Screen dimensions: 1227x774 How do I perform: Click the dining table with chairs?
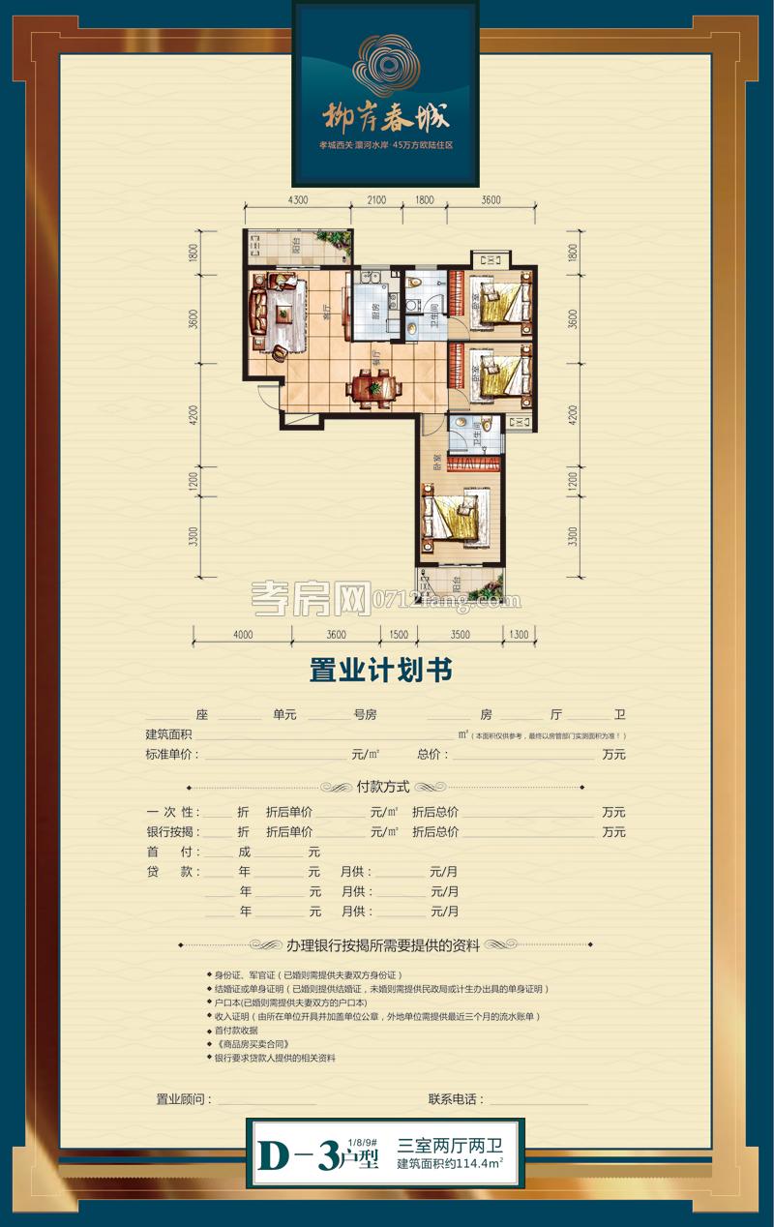point(373,387)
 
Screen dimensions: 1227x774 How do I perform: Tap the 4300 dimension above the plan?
point(297,200)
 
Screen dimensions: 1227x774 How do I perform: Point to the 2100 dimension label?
point(375,200)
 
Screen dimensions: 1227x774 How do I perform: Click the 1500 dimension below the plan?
point(398,635)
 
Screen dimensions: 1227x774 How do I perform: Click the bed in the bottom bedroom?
point(451,514)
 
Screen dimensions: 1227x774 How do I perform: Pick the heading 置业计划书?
point(380,671)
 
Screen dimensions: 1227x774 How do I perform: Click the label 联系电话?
point(456,1099)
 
